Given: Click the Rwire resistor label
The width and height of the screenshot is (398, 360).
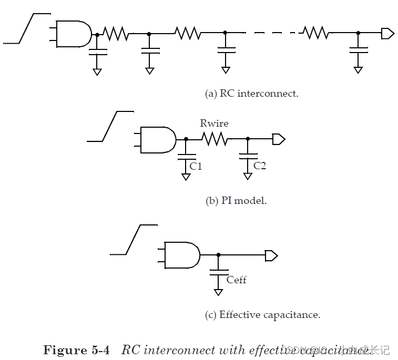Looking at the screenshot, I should point(214,124).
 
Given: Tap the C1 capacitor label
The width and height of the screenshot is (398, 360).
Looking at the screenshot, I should point(196,166).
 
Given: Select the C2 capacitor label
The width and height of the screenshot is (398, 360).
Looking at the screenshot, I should point(260,166).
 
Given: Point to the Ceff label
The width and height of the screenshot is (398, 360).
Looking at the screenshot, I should point(237,280).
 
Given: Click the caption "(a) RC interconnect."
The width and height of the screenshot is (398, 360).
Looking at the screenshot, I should point(251,94).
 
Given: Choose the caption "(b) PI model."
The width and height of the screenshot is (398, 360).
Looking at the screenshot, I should point(236,201).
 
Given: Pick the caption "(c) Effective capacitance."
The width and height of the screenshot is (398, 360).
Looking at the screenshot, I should point(262,315).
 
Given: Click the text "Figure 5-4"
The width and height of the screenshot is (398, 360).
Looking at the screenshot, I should point(77,350).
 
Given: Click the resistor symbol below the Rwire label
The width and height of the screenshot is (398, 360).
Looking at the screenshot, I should point(214,139).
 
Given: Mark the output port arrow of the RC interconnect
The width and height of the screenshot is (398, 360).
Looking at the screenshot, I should point(387,34).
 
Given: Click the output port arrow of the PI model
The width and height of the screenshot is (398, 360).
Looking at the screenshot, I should point(278,139).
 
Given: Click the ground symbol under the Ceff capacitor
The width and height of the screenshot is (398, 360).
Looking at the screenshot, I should point(218,292).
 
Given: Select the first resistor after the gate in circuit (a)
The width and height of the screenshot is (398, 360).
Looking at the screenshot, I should point(116,34).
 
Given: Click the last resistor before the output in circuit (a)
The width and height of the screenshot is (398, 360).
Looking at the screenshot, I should point(316,34).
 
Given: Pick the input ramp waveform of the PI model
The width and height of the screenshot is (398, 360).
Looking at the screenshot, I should point(110,126).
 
